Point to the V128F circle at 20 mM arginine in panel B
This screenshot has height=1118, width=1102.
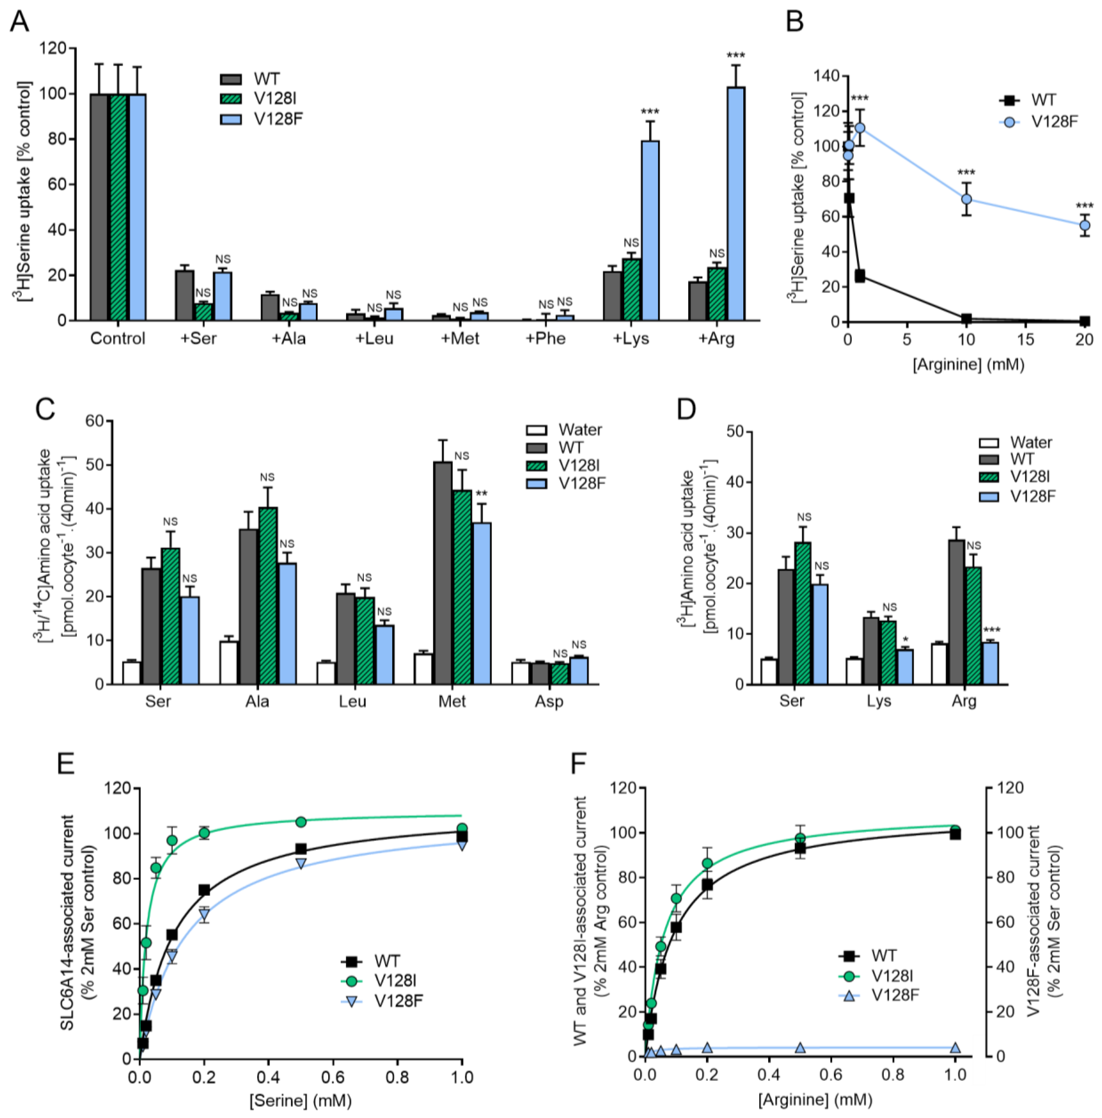click(x=1085, y=225)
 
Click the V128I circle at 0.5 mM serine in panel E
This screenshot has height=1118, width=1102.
click(x=301, y=822)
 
